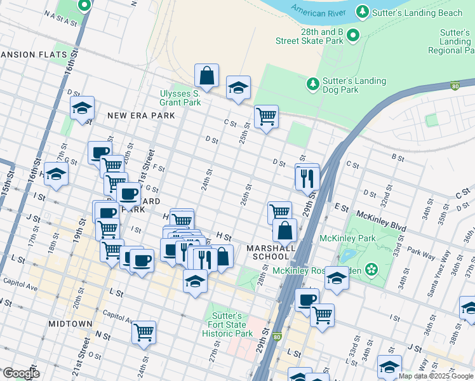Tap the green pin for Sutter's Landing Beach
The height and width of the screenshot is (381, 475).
click(x=363, y=12)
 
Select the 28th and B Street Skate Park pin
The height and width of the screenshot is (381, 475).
click(x=354, y=36)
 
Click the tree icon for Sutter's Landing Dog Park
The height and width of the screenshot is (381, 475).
click(x=312, y=84)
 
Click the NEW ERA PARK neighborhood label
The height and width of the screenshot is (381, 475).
click(x=140, y=116)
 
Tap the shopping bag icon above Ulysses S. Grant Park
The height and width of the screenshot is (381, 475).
click(x=206, y=76)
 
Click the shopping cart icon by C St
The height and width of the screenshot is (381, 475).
click(x=266, y=116)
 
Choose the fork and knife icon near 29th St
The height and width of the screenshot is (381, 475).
click(x=307, y=177)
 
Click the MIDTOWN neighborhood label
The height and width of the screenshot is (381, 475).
click(x=70, y=324)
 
